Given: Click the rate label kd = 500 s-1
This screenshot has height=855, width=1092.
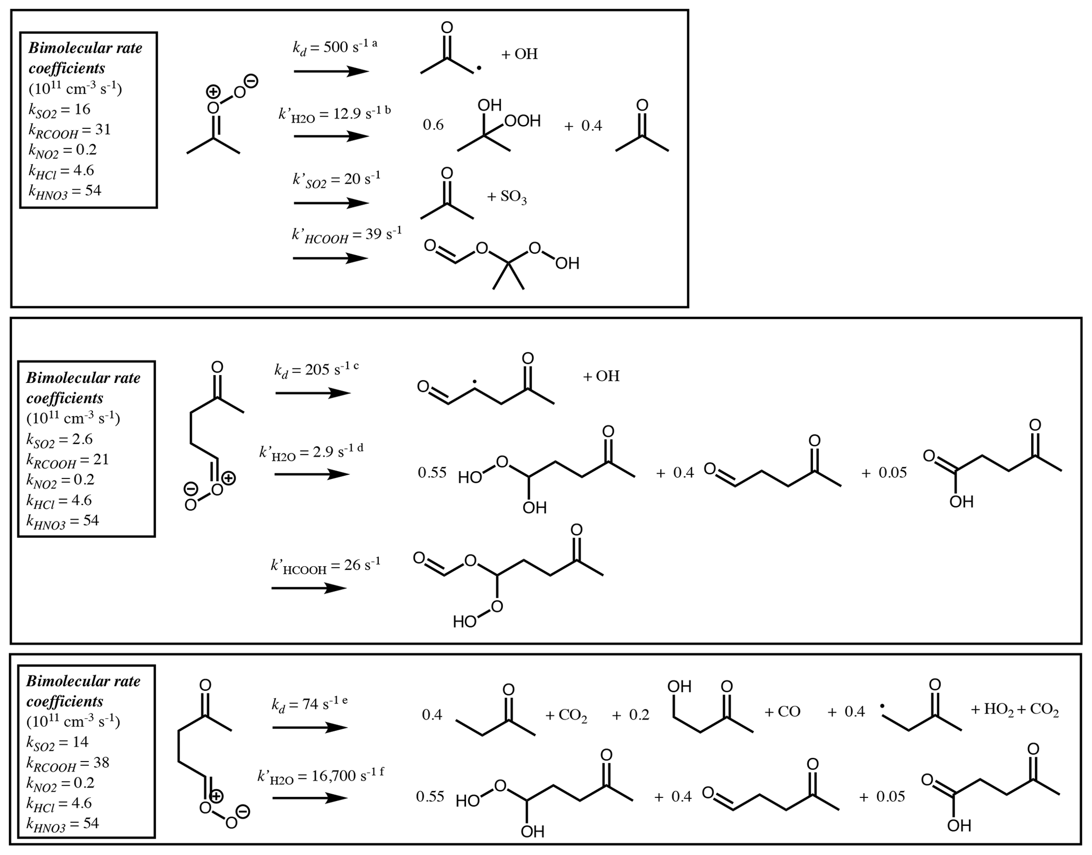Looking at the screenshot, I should click(334, 48).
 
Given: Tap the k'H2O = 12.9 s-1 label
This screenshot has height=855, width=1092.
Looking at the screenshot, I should click(334, 115).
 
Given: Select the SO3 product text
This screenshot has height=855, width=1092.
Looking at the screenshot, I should click(507, 198).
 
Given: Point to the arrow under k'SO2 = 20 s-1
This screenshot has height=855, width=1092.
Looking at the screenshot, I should click(331, 203).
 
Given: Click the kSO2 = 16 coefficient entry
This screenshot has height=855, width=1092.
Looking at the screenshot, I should click(59, 110).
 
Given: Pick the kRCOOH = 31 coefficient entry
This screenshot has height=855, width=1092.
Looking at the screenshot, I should click(69, 130).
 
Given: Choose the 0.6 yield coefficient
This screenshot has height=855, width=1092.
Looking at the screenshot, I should click(433, 125).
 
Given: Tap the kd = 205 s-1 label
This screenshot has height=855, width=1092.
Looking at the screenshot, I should click(316, 370).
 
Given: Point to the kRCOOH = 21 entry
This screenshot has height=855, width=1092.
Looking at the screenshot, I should click(68, 460).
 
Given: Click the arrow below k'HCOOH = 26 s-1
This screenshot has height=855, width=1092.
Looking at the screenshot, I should click(309, 588).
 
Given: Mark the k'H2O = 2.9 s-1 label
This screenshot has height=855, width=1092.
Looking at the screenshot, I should click(311, 452).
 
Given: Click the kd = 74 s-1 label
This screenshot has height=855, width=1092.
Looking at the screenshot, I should click(310, 704).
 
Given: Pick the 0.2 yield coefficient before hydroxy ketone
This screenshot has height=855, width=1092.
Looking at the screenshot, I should click(639, 715).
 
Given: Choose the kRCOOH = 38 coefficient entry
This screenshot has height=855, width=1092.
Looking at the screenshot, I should click(68, 763).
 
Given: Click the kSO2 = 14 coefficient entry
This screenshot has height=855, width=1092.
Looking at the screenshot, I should click(57, 743).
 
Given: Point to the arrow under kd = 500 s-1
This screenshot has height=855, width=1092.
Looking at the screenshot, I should click(331, 71).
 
